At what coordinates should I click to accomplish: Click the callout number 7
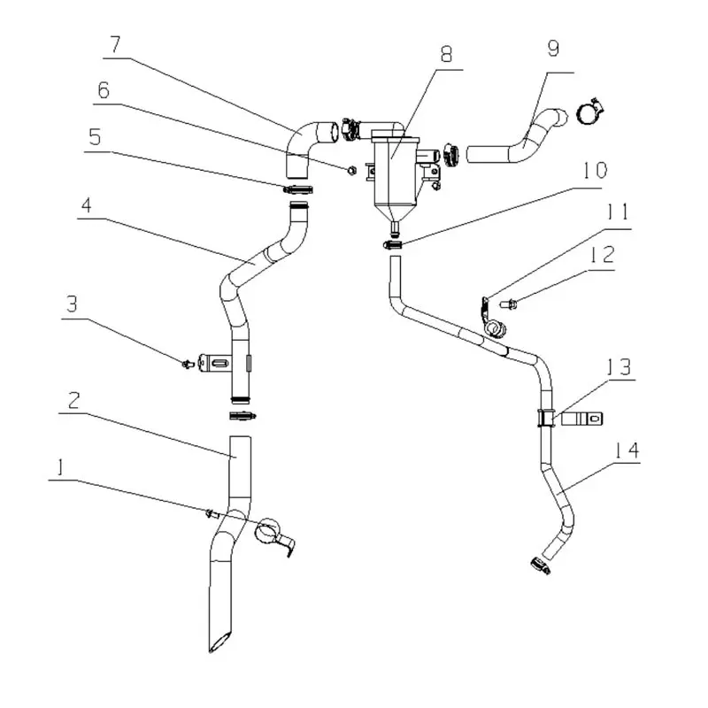pyautogui.click(x=116, y=44)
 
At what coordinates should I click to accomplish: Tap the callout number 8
pyautogui.click(x=446, y=54)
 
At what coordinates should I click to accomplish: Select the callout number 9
pyautogui.click(x=553, y=49)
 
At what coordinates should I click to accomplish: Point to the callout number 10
pyautogui.click(x=595, y=170)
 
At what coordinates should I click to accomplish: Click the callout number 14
pyautogui.click(x=627, y=450)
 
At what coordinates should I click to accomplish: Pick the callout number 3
pyautogui.click(x=73, y=304)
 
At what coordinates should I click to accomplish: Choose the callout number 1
pyautogui.click(x=60, y=467)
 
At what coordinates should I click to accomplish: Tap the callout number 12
pyautogui.click(x=602, y=255)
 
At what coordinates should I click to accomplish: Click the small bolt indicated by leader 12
pyautogui.click(x=509, y=304)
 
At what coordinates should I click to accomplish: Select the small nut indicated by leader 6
pyautogui.click(x=352, y=170)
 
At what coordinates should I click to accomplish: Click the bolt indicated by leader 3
pyautogui.click(x=188, y=363)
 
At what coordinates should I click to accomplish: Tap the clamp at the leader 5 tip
pyautogui.click(x=298, y=189)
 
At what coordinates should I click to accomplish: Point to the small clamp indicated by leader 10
pyautogui.click(x=392, y=245)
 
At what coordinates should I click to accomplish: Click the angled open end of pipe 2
pyautogui.click(x=219, y=642)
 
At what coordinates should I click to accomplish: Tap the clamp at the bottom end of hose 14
pyautogui.click(x=541, y=565)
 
